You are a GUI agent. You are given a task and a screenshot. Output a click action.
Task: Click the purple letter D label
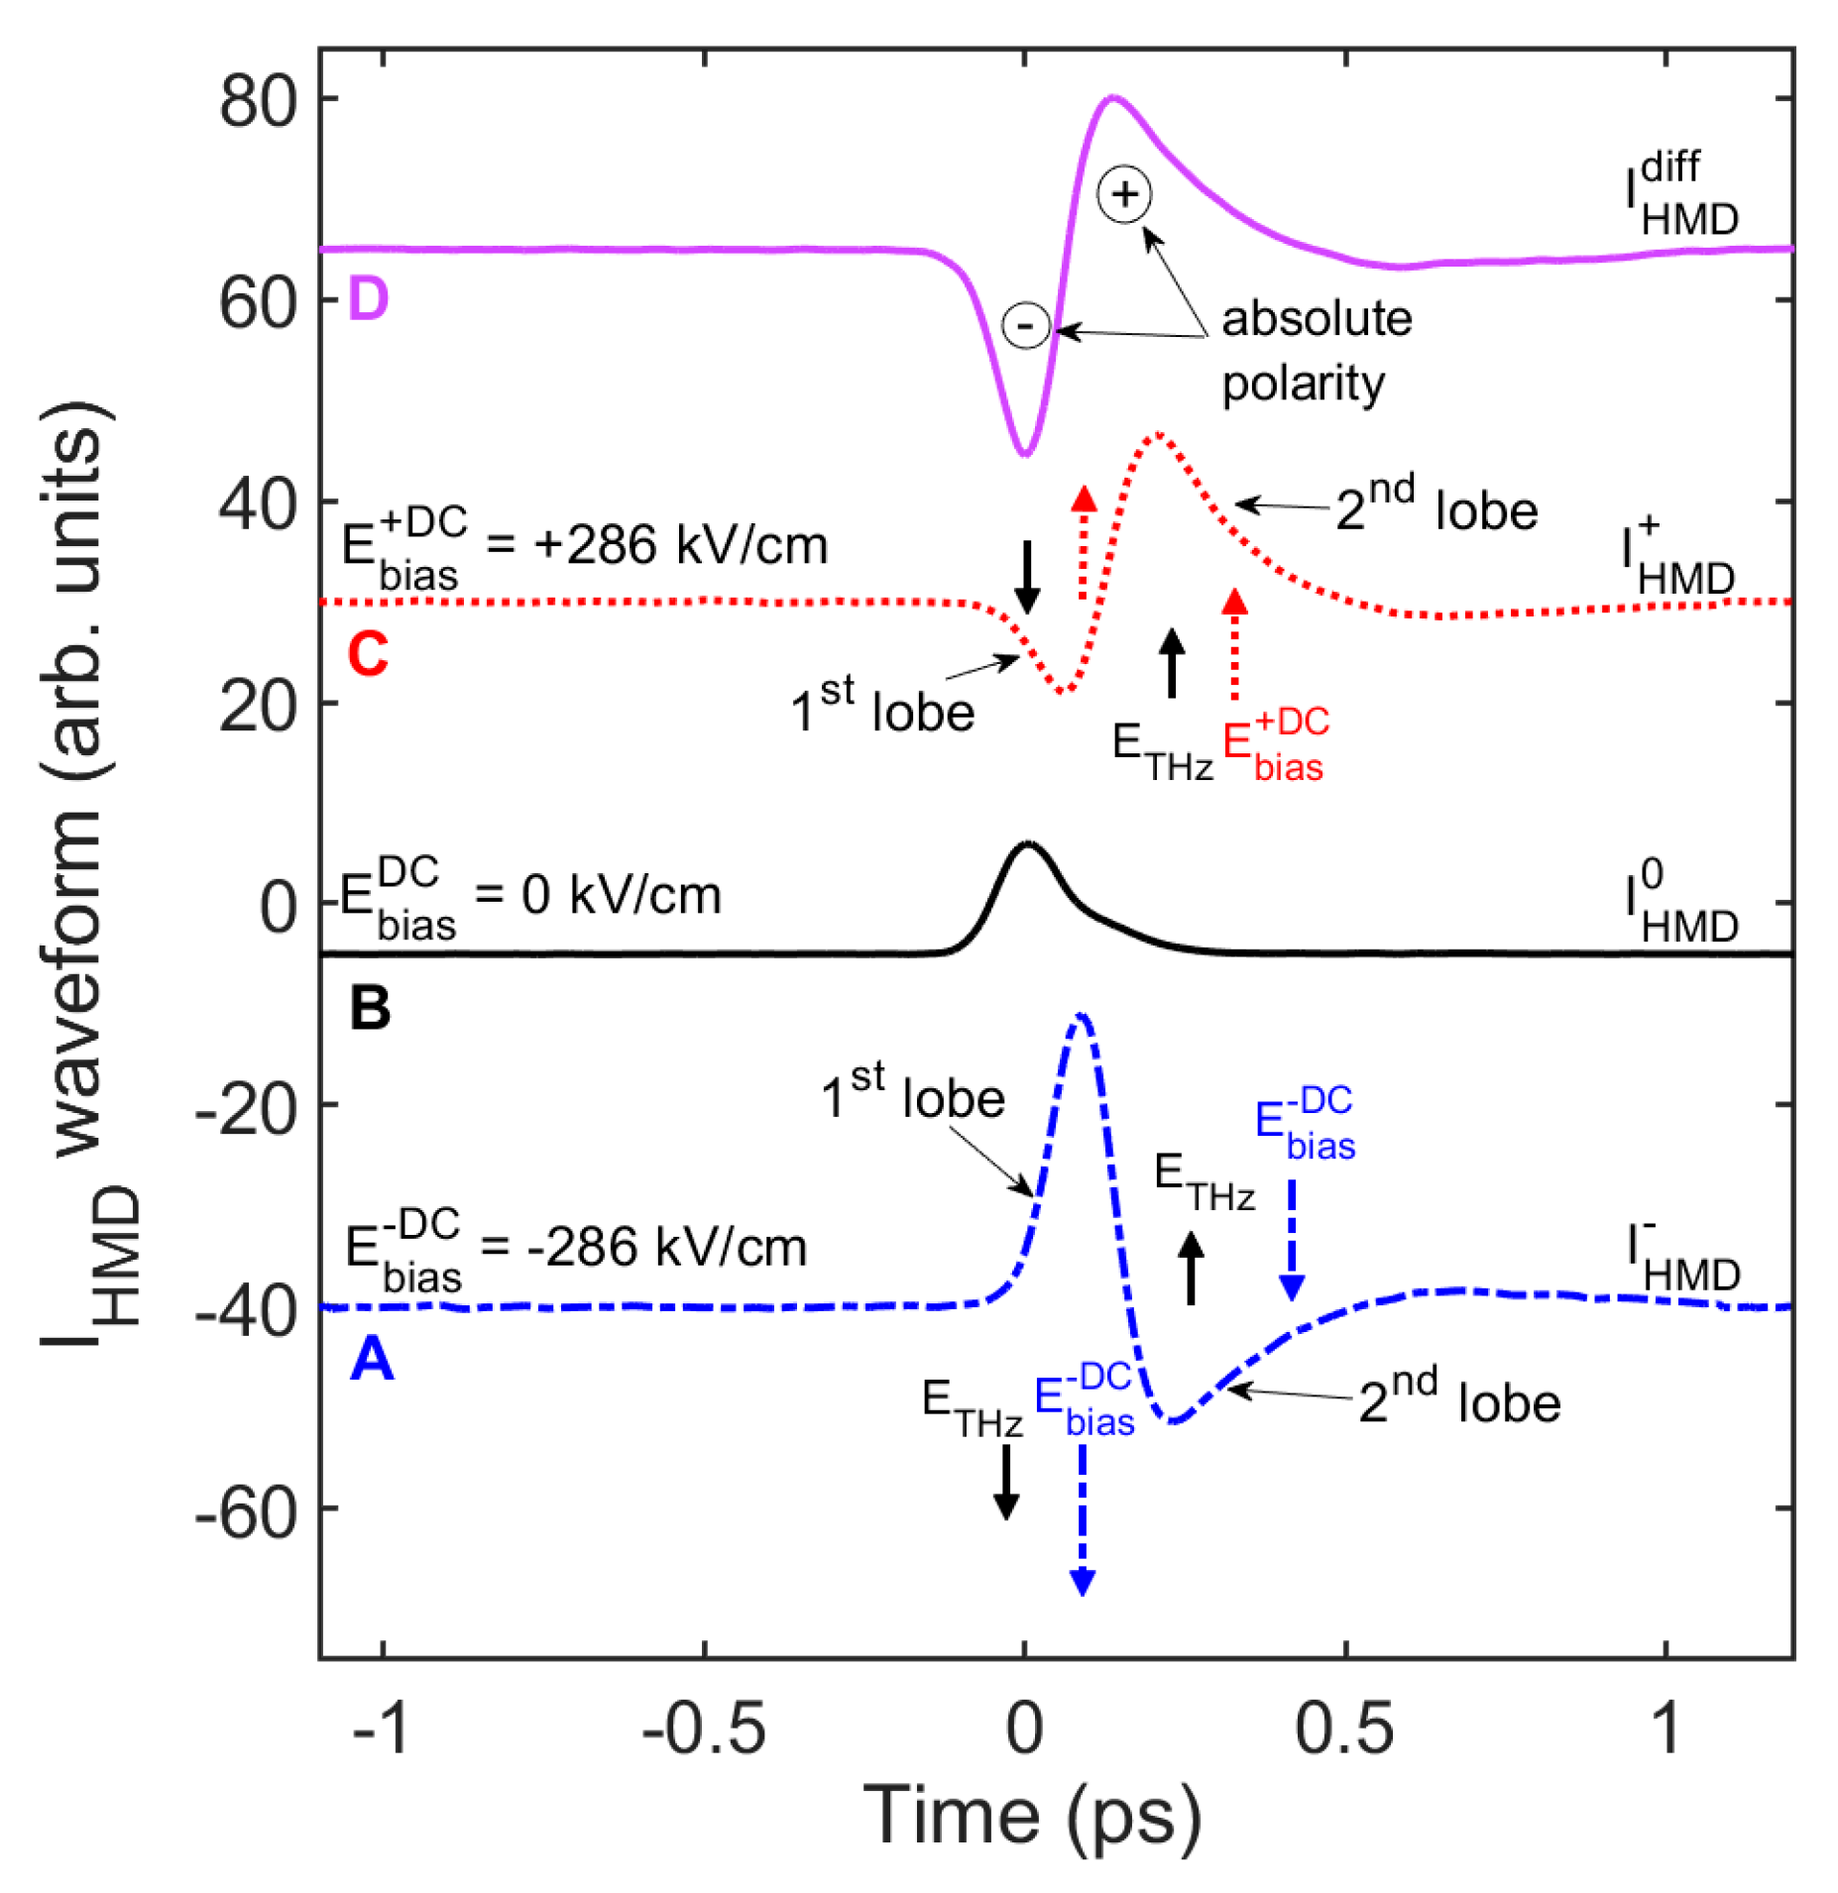pyautogui.click(x=367, y=297)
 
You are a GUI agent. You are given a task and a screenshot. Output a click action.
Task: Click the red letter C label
pyautogui.click(x=367, y=653)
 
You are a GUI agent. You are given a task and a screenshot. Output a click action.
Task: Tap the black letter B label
pyautogui.click(x=369, y=1008)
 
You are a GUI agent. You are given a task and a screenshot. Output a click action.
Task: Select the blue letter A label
pyautogui.click(x=372, y=1358)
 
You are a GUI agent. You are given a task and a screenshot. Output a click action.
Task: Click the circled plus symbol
pyautogui.click(x=1122, y=193)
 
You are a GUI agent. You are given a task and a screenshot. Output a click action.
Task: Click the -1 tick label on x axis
pyautogui.click(x=381, y=1726)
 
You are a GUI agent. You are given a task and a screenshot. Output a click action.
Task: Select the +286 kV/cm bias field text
pyautogui.click(x=585, y=545)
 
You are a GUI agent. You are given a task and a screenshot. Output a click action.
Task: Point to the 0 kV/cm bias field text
pyautogui.click(x=530, y=895)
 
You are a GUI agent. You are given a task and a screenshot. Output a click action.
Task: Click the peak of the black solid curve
pyautogui.click(x=1027, y=843)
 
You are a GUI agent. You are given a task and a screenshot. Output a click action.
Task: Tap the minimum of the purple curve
pyautogui.click(x=1024, y=453)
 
